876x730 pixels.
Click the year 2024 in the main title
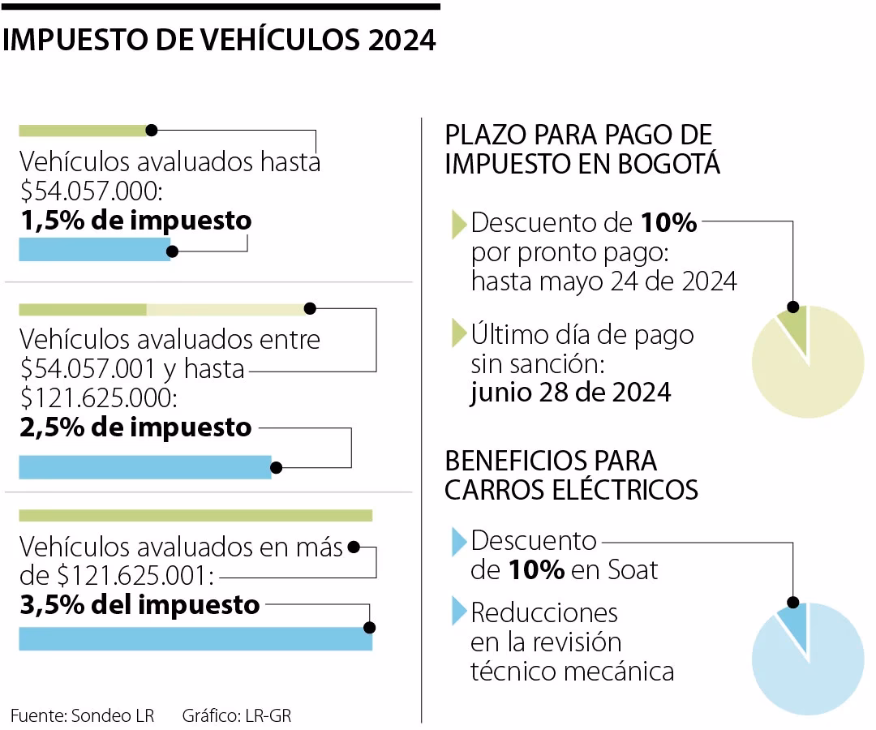tap(401, 41)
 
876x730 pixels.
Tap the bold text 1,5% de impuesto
tap(135, 221)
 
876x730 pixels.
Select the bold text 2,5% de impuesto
tap(135, 427)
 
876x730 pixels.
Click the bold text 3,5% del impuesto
tap(140, 604)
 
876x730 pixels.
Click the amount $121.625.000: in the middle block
tap(99, 397)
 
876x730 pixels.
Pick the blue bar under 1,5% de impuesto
tap(94, 250)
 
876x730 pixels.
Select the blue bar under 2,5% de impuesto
tap(144, 467)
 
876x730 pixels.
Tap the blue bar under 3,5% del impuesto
tap(195, 638)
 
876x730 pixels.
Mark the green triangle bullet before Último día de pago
tap(458, 334)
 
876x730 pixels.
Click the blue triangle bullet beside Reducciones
tap(458, 611)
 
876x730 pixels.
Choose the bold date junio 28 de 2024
tap(571, 393)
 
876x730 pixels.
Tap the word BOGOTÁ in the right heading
tap(669, 163)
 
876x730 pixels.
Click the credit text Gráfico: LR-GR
tap(236, 715)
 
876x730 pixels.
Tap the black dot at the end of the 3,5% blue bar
tap(370, 628)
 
